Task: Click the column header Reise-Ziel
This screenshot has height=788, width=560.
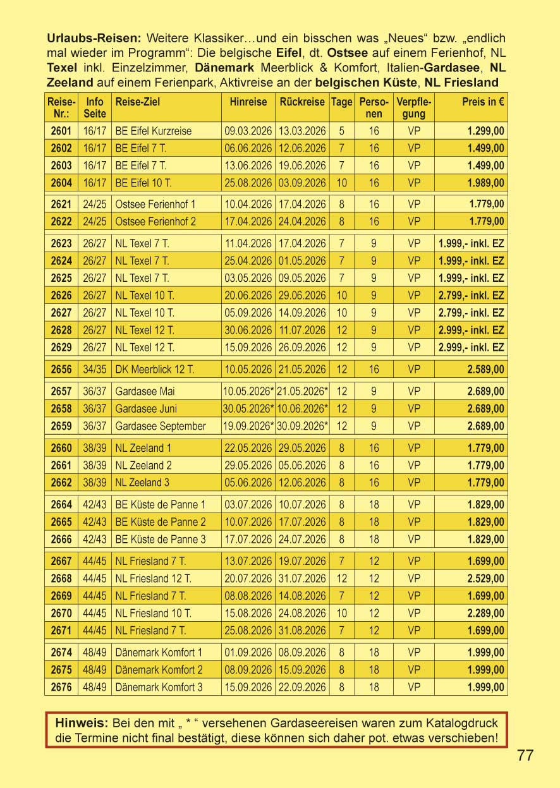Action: [133, 102]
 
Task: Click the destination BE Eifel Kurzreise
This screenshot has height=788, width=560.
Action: [154, 131]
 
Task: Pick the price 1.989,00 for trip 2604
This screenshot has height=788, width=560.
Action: [485, 183]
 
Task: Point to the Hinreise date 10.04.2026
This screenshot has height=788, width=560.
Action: [248, 205]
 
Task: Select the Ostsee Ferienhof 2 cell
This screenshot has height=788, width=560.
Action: [155, 222]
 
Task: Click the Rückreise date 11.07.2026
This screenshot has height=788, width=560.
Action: [302, 330]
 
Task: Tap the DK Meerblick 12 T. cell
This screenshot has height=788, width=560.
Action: [155, 369]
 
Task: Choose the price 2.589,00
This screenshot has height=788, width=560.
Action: [485, 369]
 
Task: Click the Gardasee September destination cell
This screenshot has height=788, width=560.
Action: [161, 426]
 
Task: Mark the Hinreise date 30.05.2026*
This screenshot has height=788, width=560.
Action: [248, 408]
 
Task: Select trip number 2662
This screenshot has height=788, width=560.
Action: [61, 483]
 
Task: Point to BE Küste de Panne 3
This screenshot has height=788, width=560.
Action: [161, 539]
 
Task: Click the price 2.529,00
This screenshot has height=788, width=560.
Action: [485, 578]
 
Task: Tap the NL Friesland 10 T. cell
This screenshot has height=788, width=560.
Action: [154, 613]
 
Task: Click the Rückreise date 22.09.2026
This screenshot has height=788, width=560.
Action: [302, 687]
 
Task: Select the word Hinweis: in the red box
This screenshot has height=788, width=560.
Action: [82, 723]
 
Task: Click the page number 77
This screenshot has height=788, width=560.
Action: [525, 755]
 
